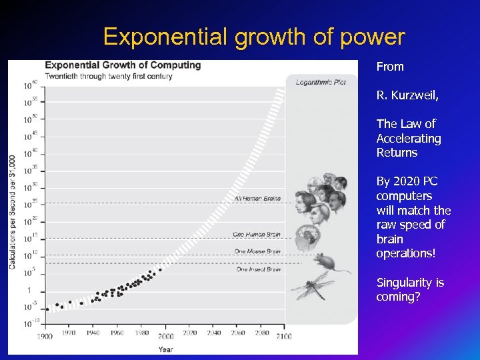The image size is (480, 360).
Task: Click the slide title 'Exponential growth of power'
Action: tap(254, 37)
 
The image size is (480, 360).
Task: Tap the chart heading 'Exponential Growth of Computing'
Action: tap(123, 65)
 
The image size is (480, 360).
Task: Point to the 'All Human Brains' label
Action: tap(257, 198)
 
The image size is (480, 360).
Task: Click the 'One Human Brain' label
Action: tap(257, 234)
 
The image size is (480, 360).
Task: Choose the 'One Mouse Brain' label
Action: tap(257, 251)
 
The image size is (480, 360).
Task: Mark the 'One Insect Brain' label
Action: tap(258, 269)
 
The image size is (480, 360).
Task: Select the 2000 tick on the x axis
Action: tap(166, 336)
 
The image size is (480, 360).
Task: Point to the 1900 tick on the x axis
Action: tap(45, 336)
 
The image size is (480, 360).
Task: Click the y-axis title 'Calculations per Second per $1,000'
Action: tap(13, 211)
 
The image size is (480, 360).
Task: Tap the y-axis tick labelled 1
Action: tap(29, 290)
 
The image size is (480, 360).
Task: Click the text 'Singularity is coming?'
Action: tap(410, 289)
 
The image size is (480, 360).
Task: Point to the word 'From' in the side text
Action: tap(390, 67)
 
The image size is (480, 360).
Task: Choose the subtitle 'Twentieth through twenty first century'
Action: tap(109, 76)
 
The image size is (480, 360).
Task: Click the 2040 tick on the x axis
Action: tap(213, 333)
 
